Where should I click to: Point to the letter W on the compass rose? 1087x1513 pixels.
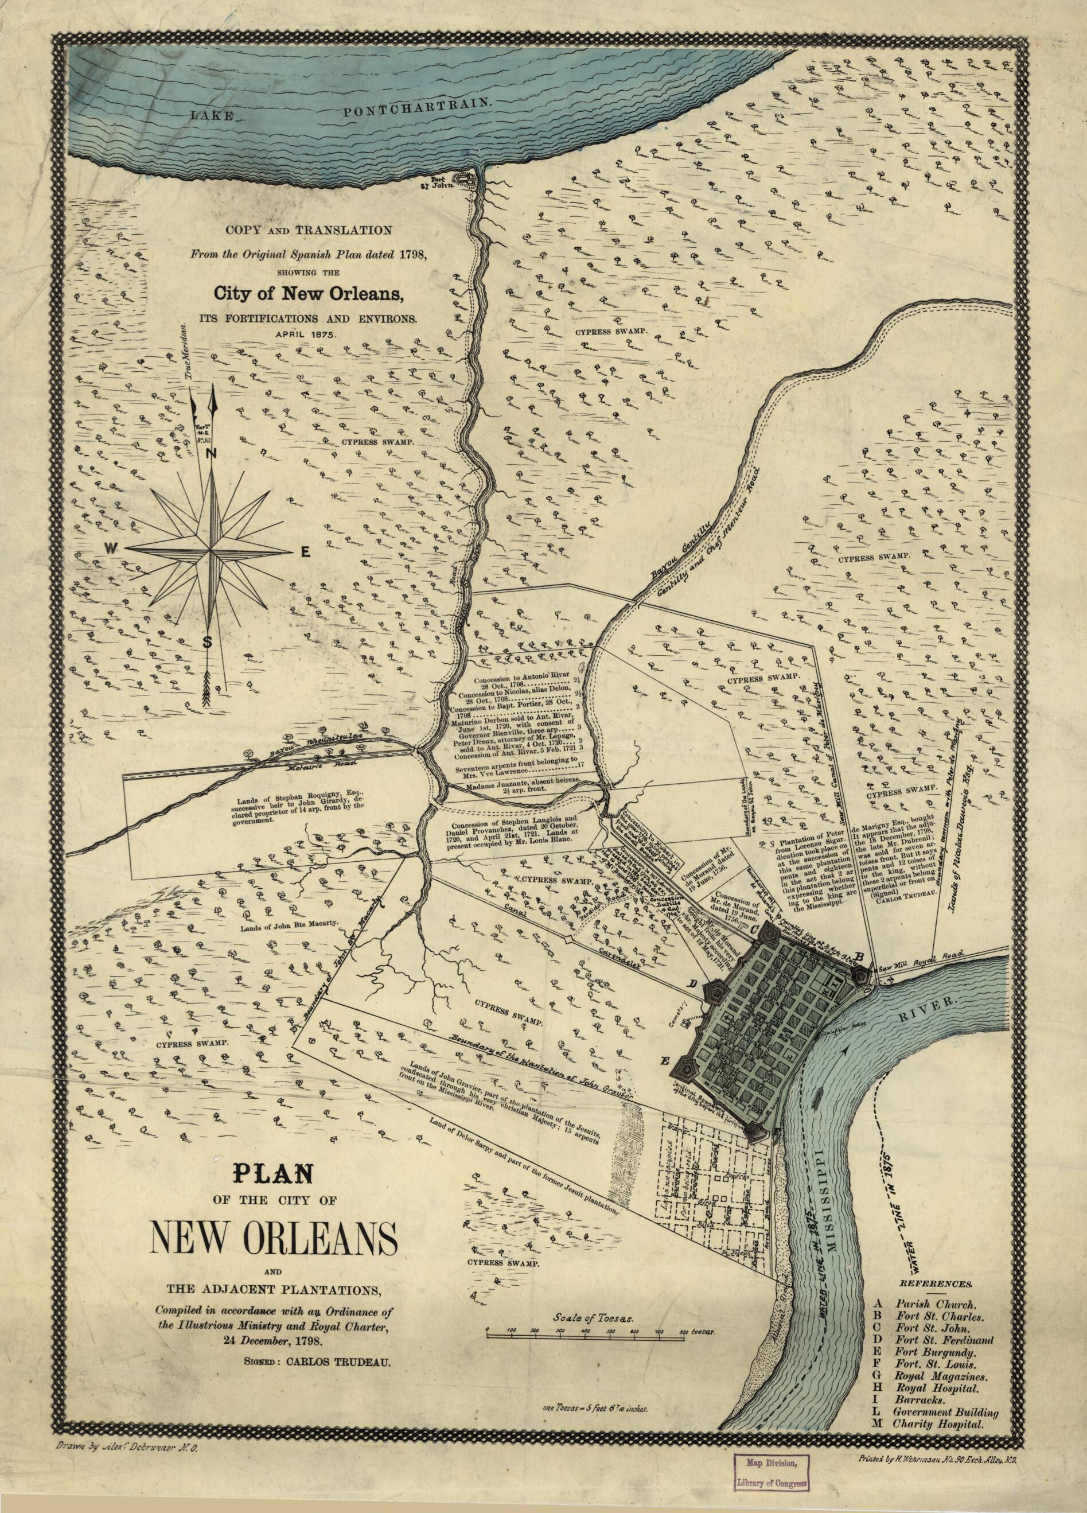point(111,549)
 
